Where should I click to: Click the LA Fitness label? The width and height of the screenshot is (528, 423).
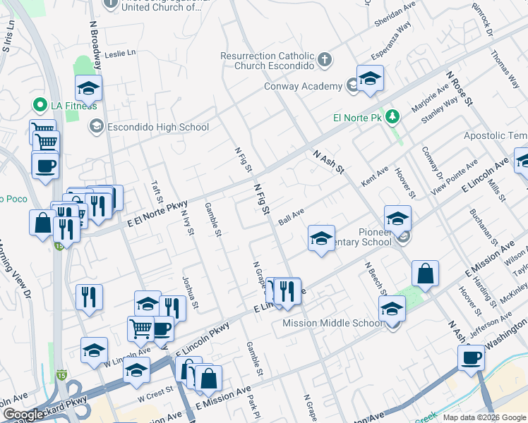pyautogui.click(x=73, y=106)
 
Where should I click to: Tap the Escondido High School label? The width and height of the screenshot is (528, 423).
pyautogui.click(x=157, y=127)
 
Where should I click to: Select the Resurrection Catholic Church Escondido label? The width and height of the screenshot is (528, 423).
pyautogui.click(x=266, y=61)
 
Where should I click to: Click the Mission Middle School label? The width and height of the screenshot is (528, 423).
pyautogui.click(x=332, y=323)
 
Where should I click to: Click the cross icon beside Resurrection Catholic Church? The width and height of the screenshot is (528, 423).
pyautogui.click(x=324, y=59)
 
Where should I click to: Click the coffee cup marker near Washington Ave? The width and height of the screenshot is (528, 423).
pyautogui.click(x=471, y=357)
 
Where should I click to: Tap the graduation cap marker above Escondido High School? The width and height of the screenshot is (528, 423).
pyautogui.click(x=89, y=88)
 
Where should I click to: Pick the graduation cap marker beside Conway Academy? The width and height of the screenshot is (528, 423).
pyautogui.click(x=369, y=79)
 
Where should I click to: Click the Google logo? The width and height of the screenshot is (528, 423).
pyautogui.click(x=23, y=415)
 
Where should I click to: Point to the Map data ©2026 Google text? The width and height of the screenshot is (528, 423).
pyautogui.click(x=484, y=417)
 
